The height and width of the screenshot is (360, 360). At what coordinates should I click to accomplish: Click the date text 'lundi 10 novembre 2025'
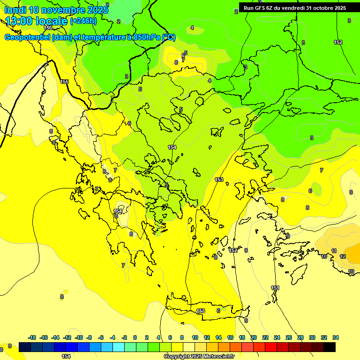[x=56, y=9]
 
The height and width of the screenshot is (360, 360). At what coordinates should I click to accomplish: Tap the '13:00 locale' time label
[x=37, y=21]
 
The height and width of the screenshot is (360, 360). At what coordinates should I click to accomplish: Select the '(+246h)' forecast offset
[x=83, y=21]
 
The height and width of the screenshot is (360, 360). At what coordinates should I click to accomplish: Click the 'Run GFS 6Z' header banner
[x=294, y=7]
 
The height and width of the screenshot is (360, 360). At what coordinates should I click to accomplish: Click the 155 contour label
[x=64, y=82]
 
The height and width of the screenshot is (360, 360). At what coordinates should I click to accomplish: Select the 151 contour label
[x=275, y=288]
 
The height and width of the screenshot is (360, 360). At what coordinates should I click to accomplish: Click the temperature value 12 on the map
[x=343, y=256]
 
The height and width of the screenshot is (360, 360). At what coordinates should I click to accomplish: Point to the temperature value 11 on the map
[x=334, y=251]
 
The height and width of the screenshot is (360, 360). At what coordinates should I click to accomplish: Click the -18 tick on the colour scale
[x=32, y=337]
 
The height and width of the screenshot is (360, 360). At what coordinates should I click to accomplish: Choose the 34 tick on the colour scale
[x=336, y=337]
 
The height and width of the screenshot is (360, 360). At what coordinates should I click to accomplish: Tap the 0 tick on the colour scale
[x=135, y=337]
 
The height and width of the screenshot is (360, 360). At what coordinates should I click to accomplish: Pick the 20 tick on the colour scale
[x=254, y=337]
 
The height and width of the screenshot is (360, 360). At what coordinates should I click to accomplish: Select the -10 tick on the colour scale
[x=79, y=337]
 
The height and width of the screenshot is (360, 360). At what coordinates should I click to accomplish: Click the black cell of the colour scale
[x=330, y=347]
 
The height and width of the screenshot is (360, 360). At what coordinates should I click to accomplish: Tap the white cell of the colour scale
[x=189, y=347]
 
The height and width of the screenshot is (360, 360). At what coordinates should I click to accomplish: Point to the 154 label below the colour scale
[x=66, y=356]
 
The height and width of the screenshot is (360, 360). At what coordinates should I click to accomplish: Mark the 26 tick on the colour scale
[x=289, y=337]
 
